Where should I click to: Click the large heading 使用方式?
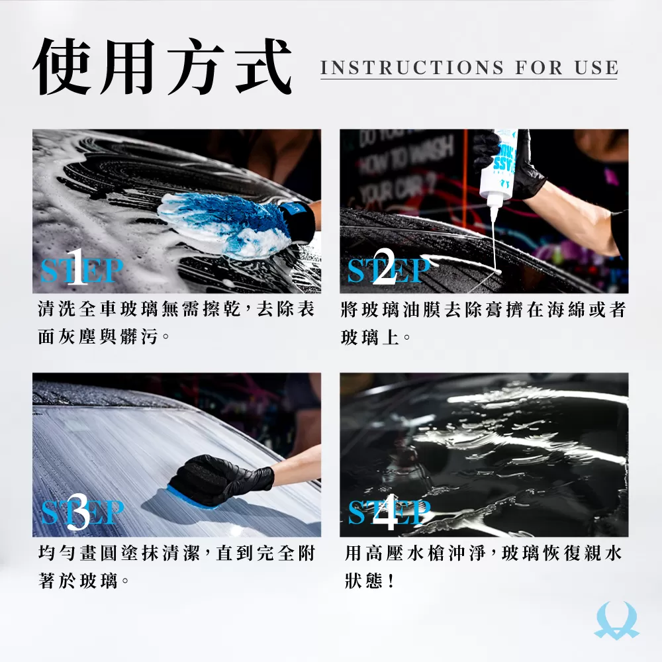[162, 67]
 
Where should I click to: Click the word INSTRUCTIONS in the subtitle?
[412, 68]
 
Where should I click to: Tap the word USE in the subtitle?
[596, 68]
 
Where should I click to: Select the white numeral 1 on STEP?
[77, 267]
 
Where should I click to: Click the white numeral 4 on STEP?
[385, 512]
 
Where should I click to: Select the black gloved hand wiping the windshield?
[222, 479]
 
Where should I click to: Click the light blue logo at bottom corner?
[616, 621]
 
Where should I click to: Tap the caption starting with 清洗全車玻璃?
[176, 323]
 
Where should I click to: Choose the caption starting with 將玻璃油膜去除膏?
[483, 323]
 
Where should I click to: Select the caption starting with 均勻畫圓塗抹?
[176, 567]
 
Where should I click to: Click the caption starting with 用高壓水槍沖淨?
[483, 567]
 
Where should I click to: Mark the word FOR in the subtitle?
[539, 68]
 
